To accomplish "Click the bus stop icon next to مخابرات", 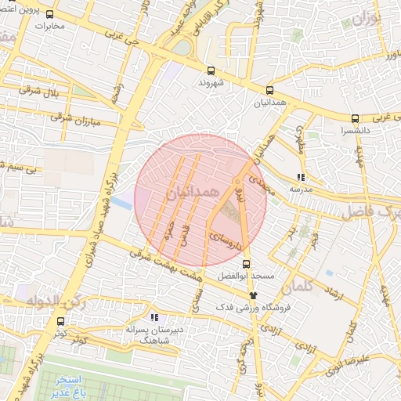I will click(50, 14).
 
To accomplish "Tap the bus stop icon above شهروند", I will click(211, 68).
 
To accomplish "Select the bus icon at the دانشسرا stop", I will click(355, 119).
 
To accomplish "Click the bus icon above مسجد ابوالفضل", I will click(247, 264).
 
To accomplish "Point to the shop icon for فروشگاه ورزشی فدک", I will click(252, 294).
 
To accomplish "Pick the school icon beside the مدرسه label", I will click(302, 177).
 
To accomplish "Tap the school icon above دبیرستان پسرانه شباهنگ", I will click(154, 317).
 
